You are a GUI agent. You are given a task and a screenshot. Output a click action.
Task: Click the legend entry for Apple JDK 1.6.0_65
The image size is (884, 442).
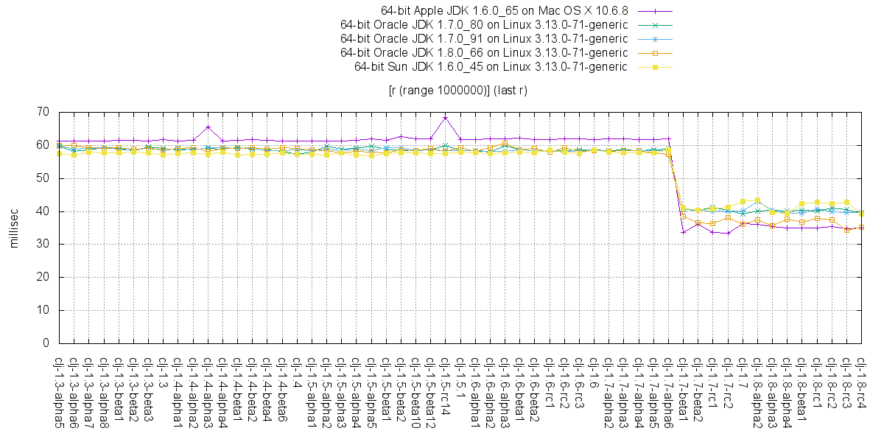coord(504,11)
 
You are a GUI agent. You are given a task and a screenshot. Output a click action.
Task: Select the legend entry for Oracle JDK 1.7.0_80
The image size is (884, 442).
coord(484,24)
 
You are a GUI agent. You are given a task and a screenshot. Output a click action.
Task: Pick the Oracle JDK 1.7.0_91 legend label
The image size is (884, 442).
coord(484,38)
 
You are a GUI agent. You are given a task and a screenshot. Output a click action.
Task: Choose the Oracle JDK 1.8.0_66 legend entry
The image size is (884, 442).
coord(484,52)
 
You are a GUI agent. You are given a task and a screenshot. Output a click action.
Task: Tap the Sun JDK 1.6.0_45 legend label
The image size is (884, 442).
coord(491,66)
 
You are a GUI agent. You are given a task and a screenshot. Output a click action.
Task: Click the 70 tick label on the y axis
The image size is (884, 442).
coord(43,112)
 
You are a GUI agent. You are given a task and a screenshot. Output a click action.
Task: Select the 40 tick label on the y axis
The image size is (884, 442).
coord(43,211)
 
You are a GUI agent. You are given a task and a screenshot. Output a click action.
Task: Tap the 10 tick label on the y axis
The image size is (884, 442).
coord(43,310)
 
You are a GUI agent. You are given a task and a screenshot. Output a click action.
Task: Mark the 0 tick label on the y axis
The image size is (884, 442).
coord(46,343)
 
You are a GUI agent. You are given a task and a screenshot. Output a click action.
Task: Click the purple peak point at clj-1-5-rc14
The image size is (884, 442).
coord(445,117)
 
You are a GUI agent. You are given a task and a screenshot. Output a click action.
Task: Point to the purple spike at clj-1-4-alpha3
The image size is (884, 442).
coord(208,127)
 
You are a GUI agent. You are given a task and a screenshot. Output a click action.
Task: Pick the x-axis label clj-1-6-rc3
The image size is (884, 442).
coord(579,383)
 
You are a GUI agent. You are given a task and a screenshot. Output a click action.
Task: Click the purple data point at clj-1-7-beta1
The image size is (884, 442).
coord(683,232)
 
